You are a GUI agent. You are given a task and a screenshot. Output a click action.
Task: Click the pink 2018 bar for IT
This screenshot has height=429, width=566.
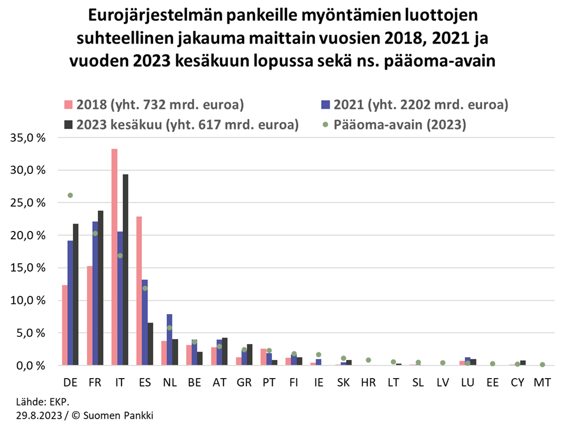114,257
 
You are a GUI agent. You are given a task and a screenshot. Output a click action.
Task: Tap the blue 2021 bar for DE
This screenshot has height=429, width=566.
70,303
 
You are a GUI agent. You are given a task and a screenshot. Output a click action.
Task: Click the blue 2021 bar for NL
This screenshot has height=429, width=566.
169,340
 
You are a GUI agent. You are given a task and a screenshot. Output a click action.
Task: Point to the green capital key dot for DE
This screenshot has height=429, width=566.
70,195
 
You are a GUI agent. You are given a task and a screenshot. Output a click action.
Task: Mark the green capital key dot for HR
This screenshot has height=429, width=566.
368,360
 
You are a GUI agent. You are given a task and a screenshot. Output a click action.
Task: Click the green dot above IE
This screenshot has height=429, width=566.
318,355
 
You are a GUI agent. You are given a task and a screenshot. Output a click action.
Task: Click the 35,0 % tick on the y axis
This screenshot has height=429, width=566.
34,138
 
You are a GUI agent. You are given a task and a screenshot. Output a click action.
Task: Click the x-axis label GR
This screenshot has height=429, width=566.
244,383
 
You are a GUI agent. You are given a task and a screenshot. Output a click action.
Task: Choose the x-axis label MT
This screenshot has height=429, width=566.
542,383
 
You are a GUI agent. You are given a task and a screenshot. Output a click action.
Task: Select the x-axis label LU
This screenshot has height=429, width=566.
468,383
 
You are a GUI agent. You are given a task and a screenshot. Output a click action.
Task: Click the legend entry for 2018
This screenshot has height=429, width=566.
158,105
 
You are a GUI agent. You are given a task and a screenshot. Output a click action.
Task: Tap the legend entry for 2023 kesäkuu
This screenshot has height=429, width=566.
187,125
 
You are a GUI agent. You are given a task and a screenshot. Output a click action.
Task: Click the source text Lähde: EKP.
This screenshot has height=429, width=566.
42,403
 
